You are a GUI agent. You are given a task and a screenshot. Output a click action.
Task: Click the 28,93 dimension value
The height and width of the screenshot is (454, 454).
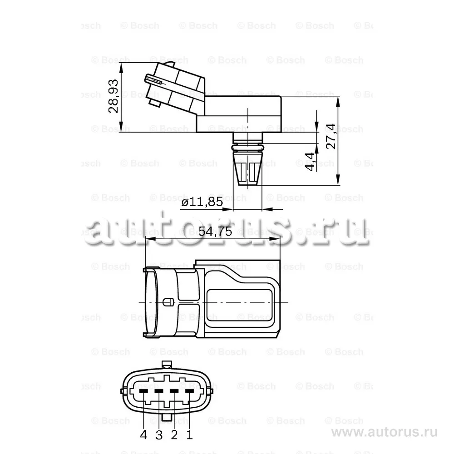113,95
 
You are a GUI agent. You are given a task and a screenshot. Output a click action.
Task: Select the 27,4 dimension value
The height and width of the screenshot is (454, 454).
331,136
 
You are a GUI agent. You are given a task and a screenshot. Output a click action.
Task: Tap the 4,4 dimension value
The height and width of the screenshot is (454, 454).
310,162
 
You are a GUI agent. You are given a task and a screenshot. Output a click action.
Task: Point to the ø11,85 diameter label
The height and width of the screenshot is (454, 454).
202,202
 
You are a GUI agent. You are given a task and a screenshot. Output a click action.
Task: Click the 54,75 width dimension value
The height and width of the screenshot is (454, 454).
215,231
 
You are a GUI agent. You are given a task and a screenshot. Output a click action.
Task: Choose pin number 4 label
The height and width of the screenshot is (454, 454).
143,434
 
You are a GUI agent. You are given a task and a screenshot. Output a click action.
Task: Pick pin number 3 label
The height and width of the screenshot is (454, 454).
158,434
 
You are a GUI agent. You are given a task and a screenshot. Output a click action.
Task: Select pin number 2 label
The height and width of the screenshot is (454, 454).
174,434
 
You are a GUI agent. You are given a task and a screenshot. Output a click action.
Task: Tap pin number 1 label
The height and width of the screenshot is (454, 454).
189,434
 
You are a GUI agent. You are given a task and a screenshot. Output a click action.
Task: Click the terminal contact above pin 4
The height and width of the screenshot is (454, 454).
143,391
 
